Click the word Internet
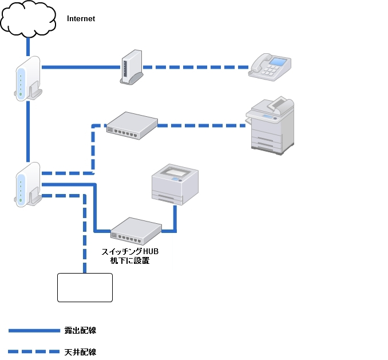[81, 19]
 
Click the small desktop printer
[174, 184]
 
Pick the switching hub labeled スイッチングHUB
[136, 230]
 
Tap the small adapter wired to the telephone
[131, 67]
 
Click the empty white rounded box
[85, 287]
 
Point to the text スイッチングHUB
[129, 252]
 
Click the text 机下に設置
[130, 261]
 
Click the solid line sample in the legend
[34, 331]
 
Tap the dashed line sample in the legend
[34, 351]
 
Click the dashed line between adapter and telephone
[195, 68]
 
